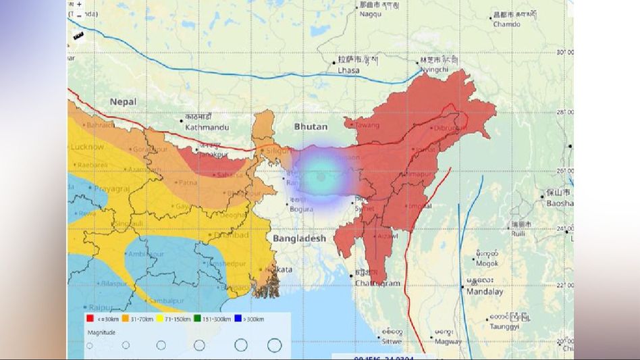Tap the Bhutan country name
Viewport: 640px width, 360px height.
click(x=311, y=126)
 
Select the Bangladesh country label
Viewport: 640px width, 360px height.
click(x=299, y=238)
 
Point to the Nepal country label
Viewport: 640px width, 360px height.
click(x=123, y=101)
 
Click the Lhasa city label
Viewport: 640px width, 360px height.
click(x=348, y=70)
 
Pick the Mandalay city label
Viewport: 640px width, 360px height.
click(x=484, y=292)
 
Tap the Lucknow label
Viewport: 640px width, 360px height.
click(x=86, y=147)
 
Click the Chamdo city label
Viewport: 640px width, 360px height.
click(x=507, y=24)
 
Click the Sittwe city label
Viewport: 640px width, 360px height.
click(x=391, y=340)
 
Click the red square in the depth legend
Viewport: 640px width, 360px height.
click(x=89, y=319)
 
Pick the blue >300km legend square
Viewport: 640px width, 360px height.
click(x=238, y=319)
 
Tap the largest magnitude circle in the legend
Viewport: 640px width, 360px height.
click(x=274, y=345)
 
